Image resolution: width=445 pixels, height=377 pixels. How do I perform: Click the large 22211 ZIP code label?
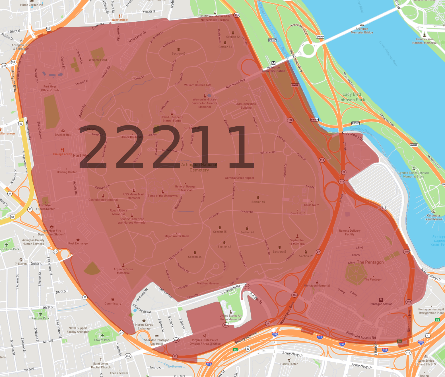166,147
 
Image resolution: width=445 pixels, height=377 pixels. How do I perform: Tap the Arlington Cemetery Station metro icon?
273,63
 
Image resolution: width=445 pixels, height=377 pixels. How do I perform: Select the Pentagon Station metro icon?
381,300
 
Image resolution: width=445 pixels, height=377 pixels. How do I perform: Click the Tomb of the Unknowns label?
163,196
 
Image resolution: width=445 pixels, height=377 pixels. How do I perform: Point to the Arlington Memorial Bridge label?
362,30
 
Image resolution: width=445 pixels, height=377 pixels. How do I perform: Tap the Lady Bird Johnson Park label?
352,97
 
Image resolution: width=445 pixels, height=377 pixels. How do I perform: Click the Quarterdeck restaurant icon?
120,16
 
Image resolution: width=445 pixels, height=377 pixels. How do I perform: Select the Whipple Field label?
98,60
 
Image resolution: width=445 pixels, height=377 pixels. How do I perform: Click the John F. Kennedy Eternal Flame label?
172,119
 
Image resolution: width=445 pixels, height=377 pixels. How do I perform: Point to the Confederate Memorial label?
103,200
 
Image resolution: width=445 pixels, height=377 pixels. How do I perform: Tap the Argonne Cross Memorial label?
123,271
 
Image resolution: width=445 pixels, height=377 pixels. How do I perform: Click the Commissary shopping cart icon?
113,300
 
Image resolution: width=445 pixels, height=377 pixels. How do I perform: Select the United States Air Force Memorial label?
231,318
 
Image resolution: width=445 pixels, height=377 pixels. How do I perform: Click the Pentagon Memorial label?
317,286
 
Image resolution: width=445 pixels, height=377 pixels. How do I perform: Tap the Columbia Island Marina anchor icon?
433,211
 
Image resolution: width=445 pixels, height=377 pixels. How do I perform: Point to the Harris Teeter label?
289,364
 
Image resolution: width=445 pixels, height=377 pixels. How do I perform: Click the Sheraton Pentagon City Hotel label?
156,342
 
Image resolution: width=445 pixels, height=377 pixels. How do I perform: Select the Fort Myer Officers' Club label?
50,88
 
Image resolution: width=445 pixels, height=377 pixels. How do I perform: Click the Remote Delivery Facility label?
350,232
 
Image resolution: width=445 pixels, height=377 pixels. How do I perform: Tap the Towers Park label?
102,340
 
